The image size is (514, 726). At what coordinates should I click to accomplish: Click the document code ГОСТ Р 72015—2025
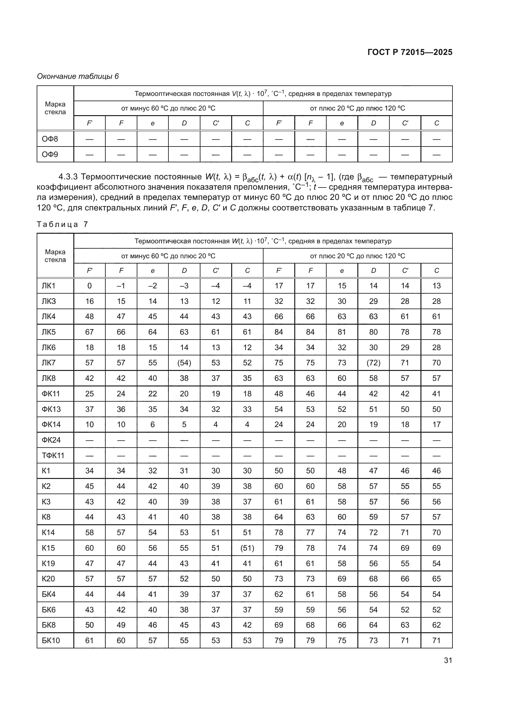410,52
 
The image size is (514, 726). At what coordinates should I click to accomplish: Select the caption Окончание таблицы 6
78,76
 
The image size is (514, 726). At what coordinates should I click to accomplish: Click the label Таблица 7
62,224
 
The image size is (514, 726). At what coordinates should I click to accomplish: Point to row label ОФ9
50,155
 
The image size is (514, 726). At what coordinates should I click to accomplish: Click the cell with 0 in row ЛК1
89,286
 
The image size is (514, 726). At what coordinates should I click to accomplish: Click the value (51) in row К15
247,548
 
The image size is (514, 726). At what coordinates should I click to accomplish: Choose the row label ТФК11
53,456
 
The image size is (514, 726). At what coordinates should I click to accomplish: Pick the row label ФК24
51,440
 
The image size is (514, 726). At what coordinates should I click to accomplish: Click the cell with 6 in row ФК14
153,425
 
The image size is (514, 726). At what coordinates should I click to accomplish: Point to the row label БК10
51,640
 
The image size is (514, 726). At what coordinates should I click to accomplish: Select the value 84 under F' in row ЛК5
279,332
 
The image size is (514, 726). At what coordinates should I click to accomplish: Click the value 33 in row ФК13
247,409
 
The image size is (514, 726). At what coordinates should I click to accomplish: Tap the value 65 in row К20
436,579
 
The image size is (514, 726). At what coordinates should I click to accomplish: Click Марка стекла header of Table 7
55,256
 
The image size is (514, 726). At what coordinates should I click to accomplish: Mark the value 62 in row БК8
436,625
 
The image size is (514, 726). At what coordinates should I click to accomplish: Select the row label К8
46,517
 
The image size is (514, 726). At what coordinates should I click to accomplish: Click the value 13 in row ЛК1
436,286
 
